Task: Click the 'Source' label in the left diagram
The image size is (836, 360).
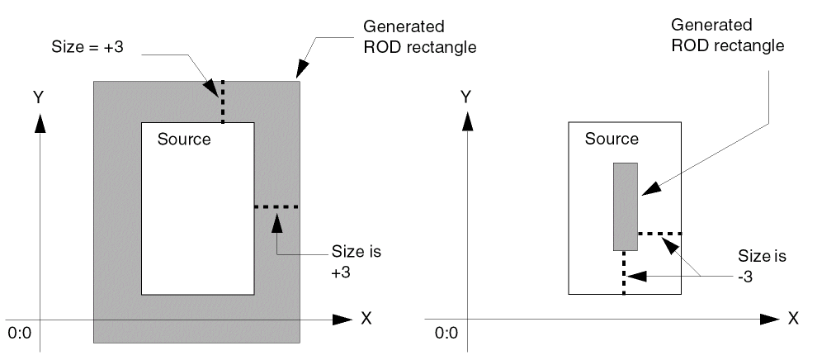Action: tap(184, 139)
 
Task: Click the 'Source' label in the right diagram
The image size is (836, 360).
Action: tap(612, 138)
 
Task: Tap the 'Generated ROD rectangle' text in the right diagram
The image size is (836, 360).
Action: tap(739, 34)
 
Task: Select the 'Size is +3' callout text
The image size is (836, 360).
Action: tap(357, 260)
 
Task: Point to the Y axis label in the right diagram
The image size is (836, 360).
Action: tap(467, 97)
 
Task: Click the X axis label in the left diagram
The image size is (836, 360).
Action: tap(366, 319)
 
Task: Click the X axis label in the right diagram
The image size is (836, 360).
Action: tap(793, 317)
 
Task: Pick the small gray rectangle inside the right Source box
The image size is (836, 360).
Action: tap(625, 206)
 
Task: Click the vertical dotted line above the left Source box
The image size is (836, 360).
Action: tap(221, 101)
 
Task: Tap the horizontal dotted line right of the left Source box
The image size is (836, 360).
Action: tap(276, 206)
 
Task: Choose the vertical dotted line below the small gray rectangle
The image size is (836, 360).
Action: tap(625, 272)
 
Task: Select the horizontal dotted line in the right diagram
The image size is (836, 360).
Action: tap(659, 234)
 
